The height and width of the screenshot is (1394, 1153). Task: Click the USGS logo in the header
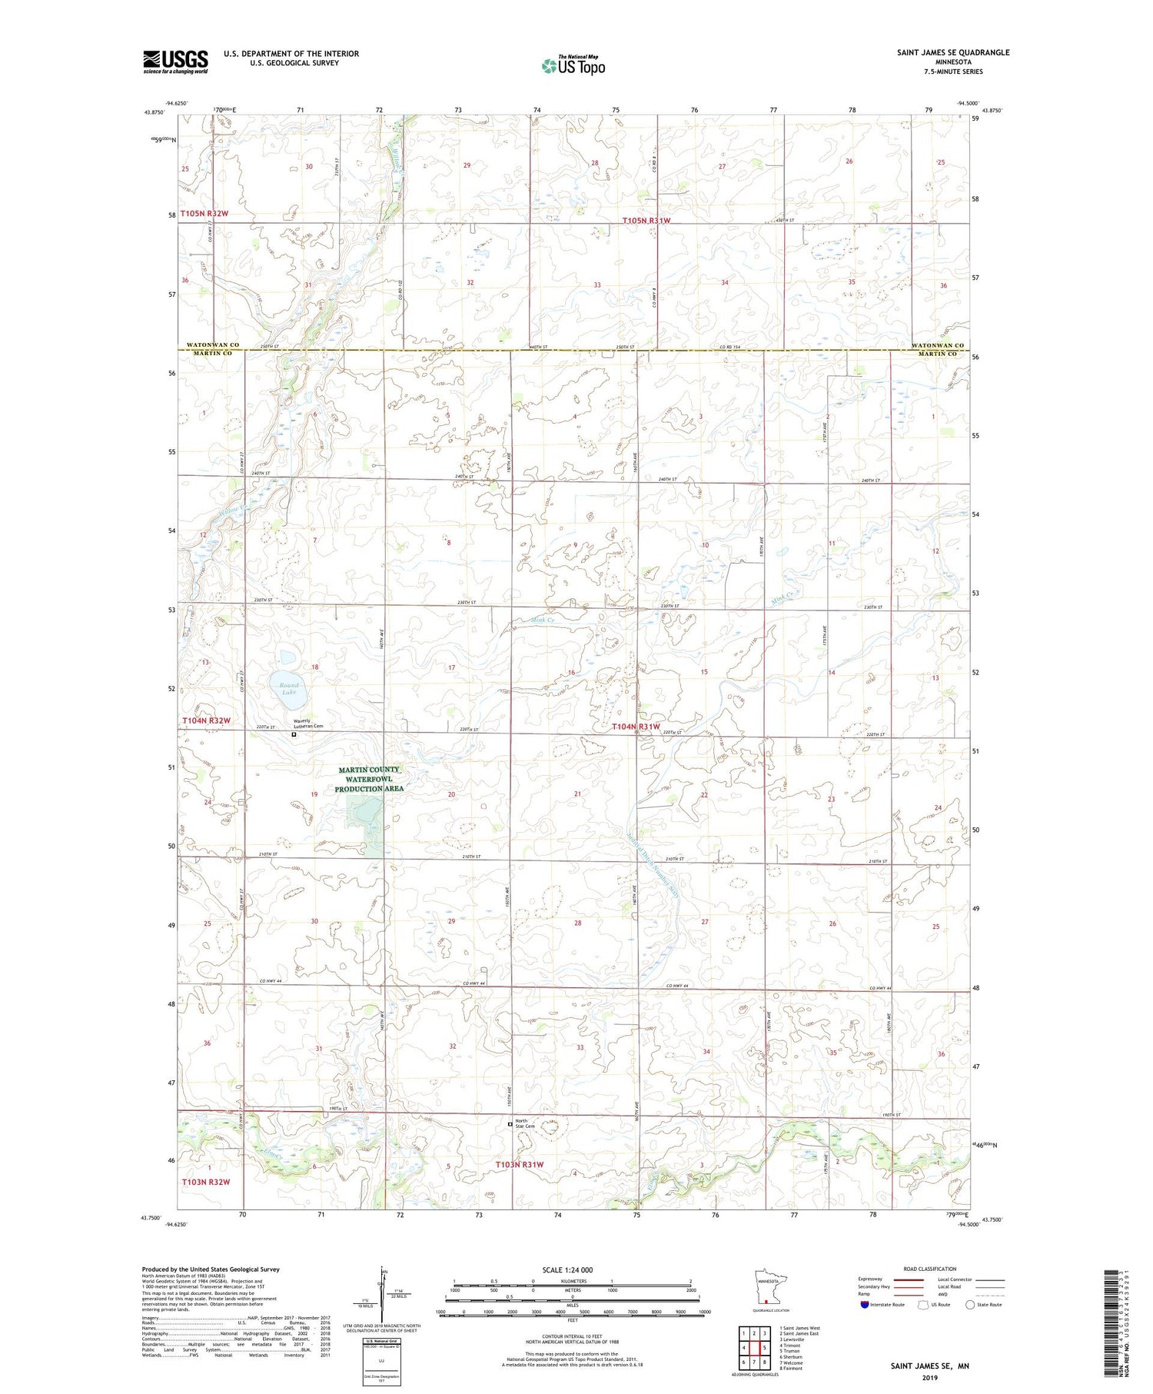(x=175, y=62)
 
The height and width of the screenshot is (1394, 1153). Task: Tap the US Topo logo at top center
(x=573, y=65)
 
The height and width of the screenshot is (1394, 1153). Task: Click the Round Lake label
(x=289, y=688)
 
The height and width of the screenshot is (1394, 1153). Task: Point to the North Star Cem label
(x=525, y=1123)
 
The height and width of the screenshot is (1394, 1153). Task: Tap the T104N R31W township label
(x=636, y=727)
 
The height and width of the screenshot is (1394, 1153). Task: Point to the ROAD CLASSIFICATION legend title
(x=929, y=1269)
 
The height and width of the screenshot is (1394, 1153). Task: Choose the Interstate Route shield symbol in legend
(x=864, y=1305)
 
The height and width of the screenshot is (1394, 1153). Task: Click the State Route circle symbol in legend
(x=971, y=1305)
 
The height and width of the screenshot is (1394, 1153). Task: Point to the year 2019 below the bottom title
(x=930, y=1376)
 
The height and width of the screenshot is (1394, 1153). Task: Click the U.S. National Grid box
(x=381, y=1362)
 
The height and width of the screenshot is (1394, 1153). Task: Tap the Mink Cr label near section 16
(x=543, y=619)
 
